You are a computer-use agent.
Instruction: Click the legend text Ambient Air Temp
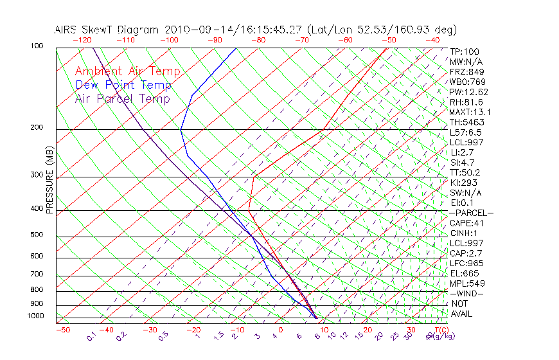(x=127, y=71)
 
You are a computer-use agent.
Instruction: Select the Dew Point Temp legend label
(x=123, y=85)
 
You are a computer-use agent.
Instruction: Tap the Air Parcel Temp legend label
(x=122, y=98)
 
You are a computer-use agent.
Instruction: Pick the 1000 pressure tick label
(x=36, y=316)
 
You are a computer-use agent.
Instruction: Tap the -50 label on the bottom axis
(x=62, y=330)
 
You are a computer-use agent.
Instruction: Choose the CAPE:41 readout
(x=466, y=223)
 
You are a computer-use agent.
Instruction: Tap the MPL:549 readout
(x=466, y=283)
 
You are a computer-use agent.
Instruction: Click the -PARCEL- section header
(x=471, y=213)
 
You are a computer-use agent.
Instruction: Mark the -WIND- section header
(x=466, y=293)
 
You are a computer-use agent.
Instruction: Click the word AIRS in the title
(x=67, y=30)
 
